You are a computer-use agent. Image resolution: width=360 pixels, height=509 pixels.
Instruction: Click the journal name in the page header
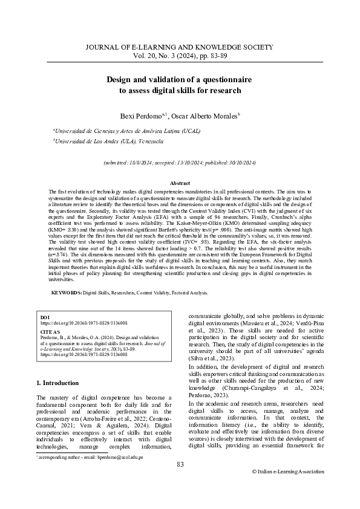pos(180,47)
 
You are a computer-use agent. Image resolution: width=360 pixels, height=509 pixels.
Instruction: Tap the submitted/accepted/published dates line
pos(180,163)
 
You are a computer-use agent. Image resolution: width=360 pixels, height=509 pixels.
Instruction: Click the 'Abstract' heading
pos(180,183)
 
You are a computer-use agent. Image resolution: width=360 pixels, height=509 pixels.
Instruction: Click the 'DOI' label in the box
pos(44,317)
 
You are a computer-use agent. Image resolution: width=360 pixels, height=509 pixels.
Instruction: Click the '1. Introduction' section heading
pos(57,383)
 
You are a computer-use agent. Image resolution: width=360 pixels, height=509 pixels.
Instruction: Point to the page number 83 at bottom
pos(180,481)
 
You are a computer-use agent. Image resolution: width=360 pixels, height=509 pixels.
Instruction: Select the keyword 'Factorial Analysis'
pos(189,292)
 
